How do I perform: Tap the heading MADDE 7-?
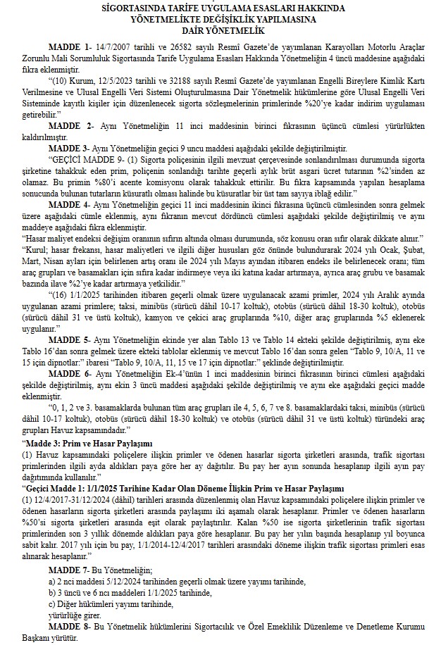click(x=69, y=567)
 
